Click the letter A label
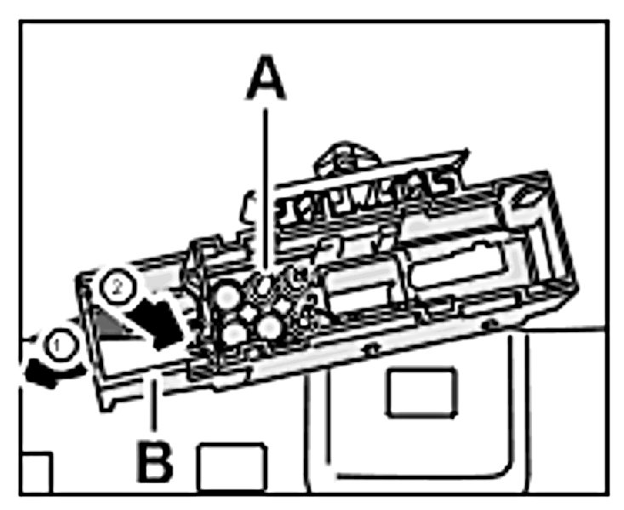tap(266, 77)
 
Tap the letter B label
tap(154, 461)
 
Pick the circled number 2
tap(117, 288)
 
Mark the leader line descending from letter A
tap(266, 191)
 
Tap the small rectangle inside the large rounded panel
tap(422, 393)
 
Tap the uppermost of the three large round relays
tap(227, 295)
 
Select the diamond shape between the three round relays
tap(249, 313)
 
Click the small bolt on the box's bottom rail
tap(371, 349)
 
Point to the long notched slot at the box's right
tap(458, 263)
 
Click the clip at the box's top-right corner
tap(525, 195)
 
